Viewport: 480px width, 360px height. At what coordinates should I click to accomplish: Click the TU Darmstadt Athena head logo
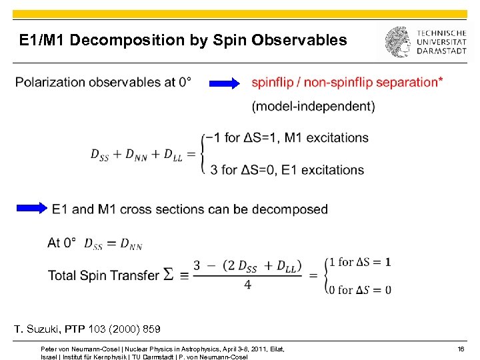point(397,42)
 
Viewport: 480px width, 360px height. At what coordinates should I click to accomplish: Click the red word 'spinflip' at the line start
point(275,82)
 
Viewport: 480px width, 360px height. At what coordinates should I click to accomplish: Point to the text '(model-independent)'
point(313,106)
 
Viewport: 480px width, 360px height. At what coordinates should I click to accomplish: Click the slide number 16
point(461,349)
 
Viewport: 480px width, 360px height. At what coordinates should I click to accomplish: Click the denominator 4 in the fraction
point(247,284)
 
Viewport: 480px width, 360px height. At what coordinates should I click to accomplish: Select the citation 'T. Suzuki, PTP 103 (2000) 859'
point(87,329)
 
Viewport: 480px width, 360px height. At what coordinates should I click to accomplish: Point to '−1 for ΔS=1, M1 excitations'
point(288,138)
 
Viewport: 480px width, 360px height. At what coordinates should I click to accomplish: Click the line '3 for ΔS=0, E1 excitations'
point(287,170)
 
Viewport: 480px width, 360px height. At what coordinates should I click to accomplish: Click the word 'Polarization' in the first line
point(55,82)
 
